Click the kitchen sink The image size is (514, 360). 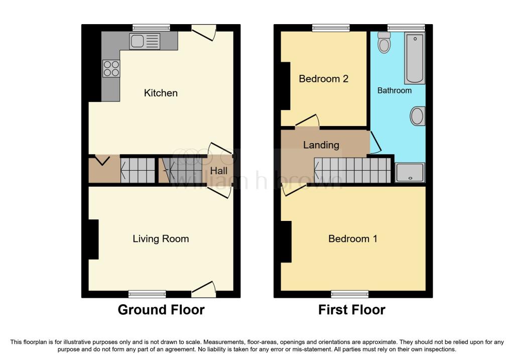145,41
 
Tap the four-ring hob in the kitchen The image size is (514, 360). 111,68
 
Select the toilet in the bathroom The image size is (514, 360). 383,42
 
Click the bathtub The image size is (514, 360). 415,58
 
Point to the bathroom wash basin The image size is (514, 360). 417,116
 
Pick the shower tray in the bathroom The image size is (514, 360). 410,172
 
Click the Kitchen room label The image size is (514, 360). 161,93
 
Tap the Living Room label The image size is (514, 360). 161,238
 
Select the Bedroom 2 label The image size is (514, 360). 324,79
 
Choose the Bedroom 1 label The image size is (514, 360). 353,238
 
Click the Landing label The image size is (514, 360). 321,145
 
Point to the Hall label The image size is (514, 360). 219,171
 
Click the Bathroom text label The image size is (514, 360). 395,90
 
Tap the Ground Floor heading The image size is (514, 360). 161,310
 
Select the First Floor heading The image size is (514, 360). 352,310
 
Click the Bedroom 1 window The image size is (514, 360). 350,294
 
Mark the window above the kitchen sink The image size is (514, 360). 151,28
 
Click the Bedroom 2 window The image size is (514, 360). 331,28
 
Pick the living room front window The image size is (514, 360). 147,294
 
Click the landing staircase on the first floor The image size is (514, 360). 353,170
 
